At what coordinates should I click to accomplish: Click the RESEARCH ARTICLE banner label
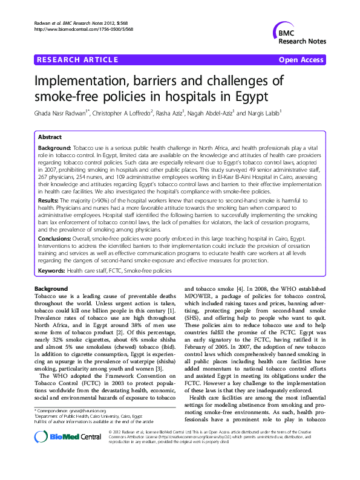click(x=77, y=59)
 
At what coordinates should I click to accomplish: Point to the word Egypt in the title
click(x=247, y=96)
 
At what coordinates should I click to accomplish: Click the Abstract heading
click(x=50, y=137)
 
